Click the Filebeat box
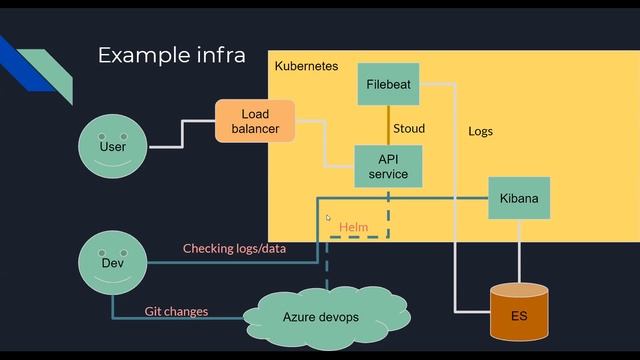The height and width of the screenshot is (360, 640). pos(388,84)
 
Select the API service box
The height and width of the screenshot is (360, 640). pos(388,166)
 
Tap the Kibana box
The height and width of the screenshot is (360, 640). pos(519,199)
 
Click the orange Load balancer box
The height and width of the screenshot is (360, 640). pos(256,121)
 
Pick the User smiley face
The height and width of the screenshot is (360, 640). pos(113,147)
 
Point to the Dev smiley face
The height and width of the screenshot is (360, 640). pos(112,263)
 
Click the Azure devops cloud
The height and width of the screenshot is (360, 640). pos(320,317)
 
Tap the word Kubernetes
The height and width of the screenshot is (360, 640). pos(306,67)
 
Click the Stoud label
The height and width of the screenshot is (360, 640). pos(409,128)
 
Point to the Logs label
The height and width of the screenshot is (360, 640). pos(480,131)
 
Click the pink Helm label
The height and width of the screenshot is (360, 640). pos(354,227)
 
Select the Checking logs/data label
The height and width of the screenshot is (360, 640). pos(234,248)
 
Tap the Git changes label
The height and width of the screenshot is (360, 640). pos(176,311)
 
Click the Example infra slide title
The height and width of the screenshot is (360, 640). pos(171,55)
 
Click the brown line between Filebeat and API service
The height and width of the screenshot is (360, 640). pos(388,125)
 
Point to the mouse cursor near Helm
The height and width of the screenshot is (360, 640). pos(328,218)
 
